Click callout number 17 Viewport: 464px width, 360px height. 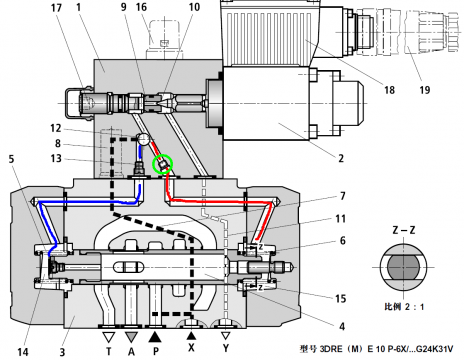pos(56,7)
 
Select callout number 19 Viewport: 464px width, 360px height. pos(424,90)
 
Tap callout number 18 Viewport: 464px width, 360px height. pos(389,90)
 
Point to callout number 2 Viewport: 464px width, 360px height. pos(341,158)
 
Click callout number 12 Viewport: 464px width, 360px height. pos(56,128)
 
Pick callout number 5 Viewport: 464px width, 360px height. pos(11,159)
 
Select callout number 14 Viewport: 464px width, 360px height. pos(23,352)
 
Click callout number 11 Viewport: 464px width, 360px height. pos(340,219)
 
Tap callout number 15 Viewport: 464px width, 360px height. pos(340,298)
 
